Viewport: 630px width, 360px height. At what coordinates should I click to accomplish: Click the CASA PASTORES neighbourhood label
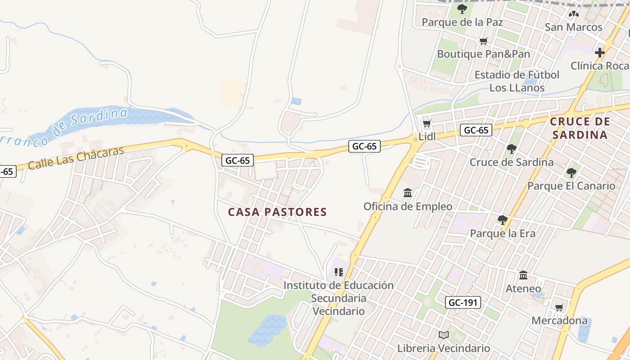(x=277, y=212)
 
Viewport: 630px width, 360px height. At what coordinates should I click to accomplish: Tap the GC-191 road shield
(x=463, y=302)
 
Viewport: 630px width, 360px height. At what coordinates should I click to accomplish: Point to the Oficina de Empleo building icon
(x=408, y=193)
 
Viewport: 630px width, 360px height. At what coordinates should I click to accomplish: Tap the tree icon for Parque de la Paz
(x=462, y=9)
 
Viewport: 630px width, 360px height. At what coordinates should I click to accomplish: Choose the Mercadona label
(x=559, y=321)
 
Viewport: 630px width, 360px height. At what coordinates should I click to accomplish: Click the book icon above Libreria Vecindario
(x=444, y=335)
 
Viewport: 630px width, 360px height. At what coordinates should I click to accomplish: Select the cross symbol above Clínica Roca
(x=599, y=53)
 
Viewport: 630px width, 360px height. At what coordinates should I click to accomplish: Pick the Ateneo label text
(x=523, y=288)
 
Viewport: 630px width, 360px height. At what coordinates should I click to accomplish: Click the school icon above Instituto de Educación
(x=339, y=272)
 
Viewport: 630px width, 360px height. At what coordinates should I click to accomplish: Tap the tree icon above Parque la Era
(x=502, y=220)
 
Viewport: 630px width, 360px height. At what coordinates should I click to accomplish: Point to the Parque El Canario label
(x=571, y=186)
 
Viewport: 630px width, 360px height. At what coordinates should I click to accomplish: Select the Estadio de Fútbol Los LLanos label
(x=517, y=81)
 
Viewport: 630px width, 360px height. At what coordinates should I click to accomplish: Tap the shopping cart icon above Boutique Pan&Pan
(x=483, y=41)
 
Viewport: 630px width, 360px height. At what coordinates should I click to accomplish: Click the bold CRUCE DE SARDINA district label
(x=580, y=128)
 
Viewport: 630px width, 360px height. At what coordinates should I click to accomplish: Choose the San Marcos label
(x=573, y=27)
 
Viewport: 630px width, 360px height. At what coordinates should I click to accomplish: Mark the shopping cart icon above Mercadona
(x=559, y=308)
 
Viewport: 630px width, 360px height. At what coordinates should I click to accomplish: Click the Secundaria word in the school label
(x=338, y=298)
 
